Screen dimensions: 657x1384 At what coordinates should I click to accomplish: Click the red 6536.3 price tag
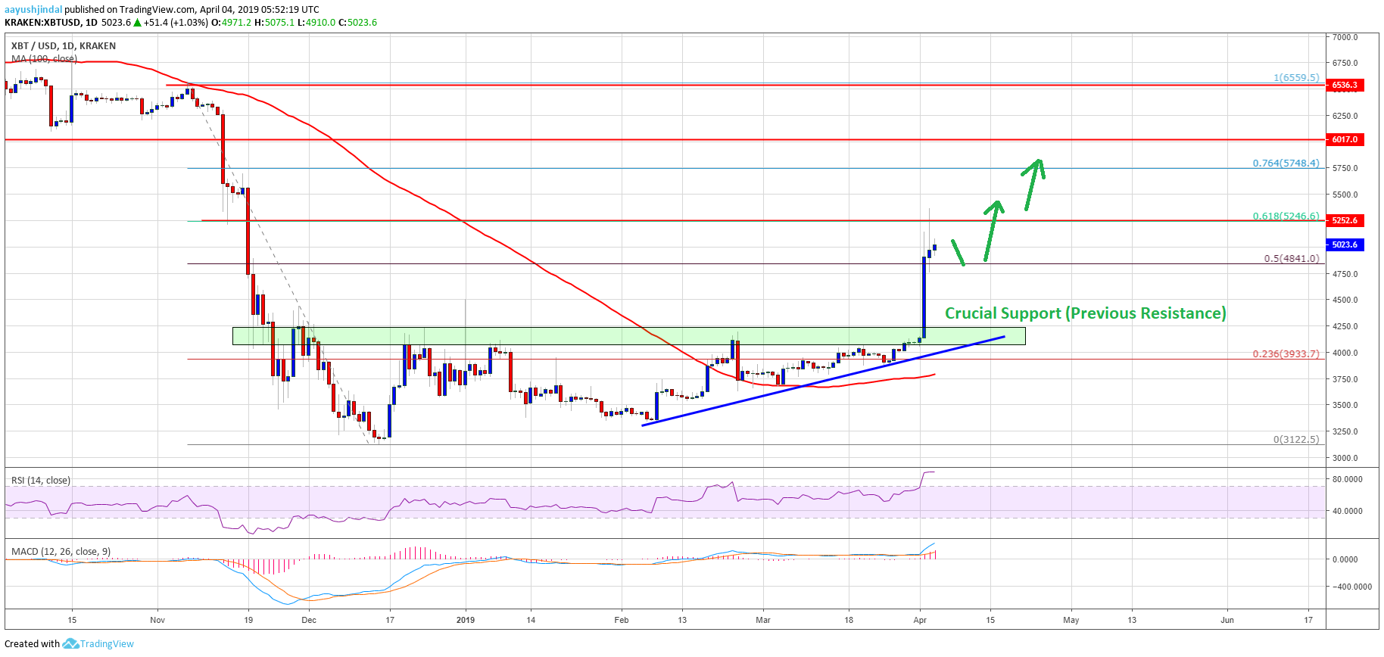pyautogui.click(x=1345, y=85)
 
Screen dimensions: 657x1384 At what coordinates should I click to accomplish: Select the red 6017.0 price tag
pyautogui.click(x=1345, y=139)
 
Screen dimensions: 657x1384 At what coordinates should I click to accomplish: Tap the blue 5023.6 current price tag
pyautogui.click(x=1345, y=244)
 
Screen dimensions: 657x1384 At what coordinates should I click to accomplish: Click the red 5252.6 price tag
pyautogui.click(x=1345, y=220)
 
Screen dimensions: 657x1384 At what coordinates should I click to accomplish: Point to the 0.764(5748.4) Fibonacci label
pyautogui.click(x=1286, y=163)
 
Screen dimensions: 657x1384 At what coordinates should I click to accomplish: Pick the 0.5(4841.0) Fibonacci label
pyautogui.click(x=1291, y=258)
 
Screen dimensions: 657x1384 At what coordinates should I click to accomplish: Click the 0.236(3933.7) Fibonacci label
pyautogui.click(x=1286, y=353)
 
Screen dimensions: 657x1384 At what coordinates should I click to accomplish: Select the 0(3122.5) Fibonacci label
pyautogui.click(x=1295, y=439)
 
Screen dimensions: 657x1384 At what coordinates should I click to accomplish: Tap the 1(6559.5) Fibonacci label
pyautogui.click(x=1295, y=77)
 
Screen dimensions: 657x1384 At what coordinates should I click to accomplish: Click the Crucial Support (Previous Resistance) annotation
pyautogui.click(x=1085, y=313)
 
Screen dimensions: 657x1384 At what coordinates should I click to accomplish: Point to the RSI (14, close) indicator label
pyautogui.click(x=41, y=480)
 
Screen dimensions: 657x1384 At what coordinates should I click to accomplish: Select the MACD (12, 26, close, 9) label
pyautogui.click(x=61, y=551)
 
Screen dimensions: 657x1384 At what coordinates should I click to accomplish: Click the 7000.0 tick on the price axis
pyautogui.click(x=1345, y=37)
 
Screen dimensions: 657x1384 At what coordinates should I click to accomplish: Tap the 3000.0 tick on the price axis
pyautogui.click(x=1345, y=458)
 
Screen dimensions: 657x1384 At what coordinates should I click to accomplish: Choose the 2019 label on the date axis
pyautogui.click(x=466, y=620)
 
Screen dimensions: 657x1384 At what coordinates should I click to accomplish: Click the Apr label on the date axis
pyautogui.click(x=920, y=620)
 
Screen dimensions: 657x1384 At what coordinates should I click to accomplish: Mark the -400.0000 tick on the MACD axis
pyautogui.click(x=1351, y=587)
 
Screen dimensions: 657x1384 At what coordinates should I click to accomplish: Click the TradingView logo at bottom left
pyautogui.click(x=98, y=643)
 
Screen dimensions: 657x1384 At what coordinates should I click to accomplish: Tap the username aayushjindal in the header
pyautogui.click(x=33, y=10)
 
